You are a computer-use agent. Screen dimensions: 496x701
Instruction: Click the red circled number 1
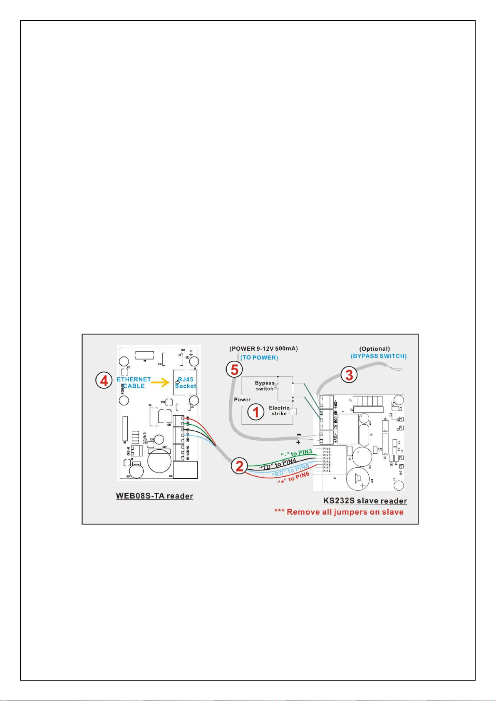coord(256,412)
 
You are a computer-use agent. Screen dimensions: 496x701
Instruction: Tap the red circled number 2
coord(240,466)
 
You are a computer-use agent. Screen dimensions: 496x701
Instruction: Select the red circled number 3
coord(349,375)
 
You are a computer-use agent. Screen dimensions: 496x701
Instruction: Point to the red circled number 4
coord(104,380)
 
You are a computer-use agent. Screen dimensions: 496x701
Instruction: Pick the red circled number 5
coord(235,369)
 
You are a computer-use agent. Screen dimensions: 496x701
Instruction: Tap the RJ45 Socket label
coord(185,383)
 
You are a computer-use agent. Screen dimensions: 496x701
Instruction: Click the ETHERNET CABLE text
coord(134,383)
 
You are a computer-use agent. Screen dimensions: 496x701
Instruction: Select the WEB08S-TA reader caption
coord(154,496)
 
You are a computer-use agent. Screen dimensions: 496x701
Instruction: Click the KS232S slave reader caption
coord(365,501)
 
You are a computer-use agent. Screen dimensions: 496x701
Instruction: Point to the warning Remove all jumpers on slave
coord(339,512)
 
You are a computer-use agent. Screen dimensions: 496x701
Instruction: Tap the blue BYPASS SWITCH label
coord(379,356)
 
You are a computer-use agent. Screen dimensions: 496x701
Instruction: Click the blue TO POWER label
coord(259,358)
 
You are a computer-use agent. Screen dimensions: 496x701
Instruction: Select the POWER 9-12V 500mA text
coord(264,349)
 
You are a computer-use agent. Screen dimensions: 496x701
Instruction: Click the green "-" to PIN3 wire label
coord(296,453)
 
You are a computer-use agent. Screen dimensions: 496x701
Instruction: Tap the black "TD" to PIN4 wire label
coord(278,464)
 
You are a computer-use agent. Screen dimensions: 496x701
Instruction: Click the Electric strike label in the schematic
coord(279,411)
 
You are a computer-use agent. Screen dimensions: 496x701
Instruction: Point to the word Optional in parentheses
coord(374,349)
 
